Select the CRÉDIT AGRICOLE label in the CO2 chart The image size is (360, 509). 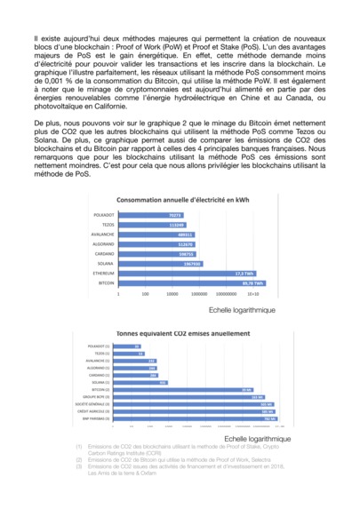coord(93,411)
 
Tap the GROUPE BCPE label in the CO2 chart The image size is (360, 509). coord(95,397)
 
